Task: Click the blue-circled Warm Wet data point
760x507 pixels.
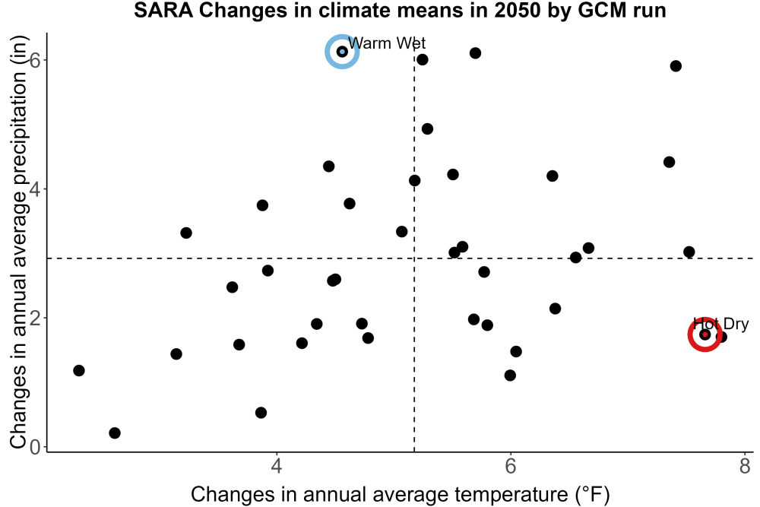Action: [342, 52]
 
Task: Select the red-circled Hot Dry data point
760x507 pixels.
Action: [705, 334]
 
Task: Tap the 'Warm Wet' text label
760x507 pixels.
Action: [387, 43]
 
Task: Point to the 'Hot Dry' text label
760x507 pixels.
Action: [720, 323]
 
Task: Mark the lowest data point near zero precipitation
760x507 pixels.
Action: [115, 433]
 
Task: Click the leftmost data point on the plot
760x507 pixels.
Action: [79, 370]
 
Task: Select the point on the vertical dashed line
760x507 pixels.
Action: [414, 180]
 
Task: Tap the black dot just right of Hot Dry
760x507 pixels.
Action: [721, 337]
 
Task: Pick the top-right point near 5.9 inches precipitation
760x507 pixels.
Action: [676, 66]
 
